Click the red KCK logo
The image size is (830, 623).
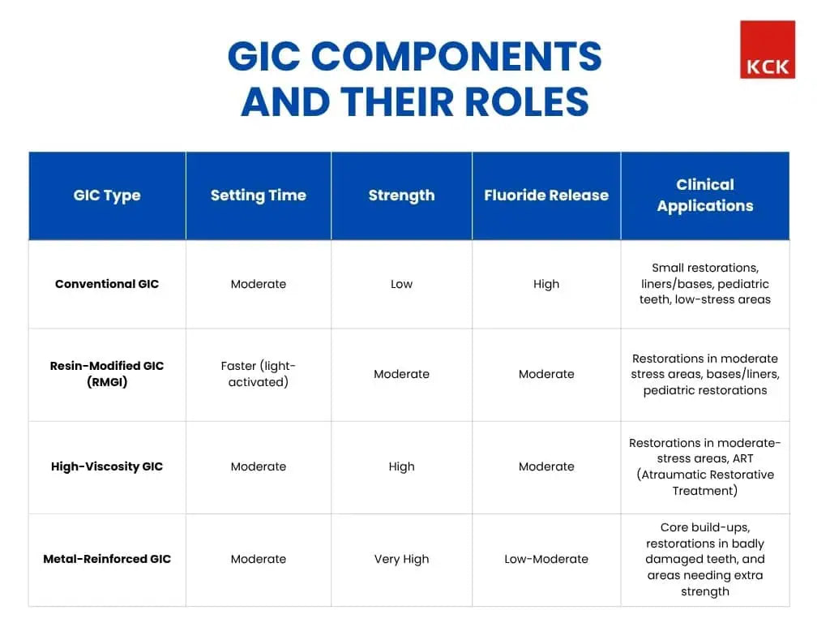[x=767, y=49]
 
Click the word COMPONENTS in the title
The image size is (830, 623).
[x=456, y=56]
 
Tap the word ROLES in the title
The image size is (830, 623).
[x=527, y=101]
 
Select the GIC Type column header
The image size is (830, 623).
[x=107, y=195]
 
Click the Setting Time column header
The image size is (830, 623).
[x=259, y=195]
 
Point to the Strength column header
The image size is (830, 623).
[x=401, y=195]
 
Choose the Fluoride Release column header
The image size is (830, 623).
[x=546, y=195]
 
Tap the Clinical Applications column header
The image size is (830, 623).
[x=705, y=195]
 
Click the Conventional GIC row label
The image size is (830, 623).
[x=107, y=284]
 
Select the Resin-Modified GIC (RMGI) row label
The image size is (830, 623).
[x=107, y=373]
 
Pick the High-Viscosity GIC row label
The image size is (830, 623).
[x=107, y=466]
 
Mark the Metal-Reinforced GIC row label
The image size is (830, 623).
[x=107, y=559]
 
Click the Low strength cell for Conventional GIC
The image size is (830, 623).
[x=401, y=284]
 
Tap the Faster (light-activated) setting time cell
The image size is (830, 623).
[x=259, y=373]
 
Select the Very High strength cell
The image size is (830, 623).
[x=401, y=560]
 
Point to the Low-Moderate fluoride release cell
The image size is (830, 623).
[x=546, y=559]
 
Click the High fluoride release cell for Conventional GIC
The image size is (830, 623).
[x=546, y=285]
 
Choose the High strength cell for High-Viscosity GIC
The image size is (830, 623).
[x=401, y=467]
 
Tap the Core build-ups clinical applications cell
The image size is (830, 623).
[x=705, y=559]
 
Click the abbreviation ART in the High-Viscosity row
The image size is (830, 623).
[x=742, y=459]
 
